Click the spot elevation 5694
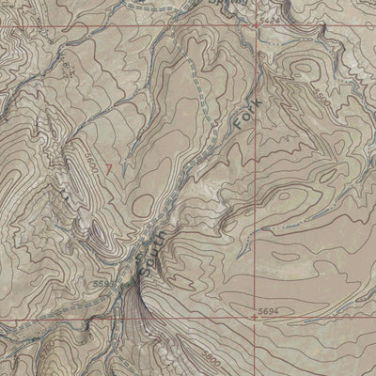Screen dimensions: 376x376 [270, 310]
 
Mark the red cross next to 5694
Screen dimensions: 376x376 [256, 317]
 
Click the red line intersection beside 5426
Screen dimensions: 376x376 [255, 25]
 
